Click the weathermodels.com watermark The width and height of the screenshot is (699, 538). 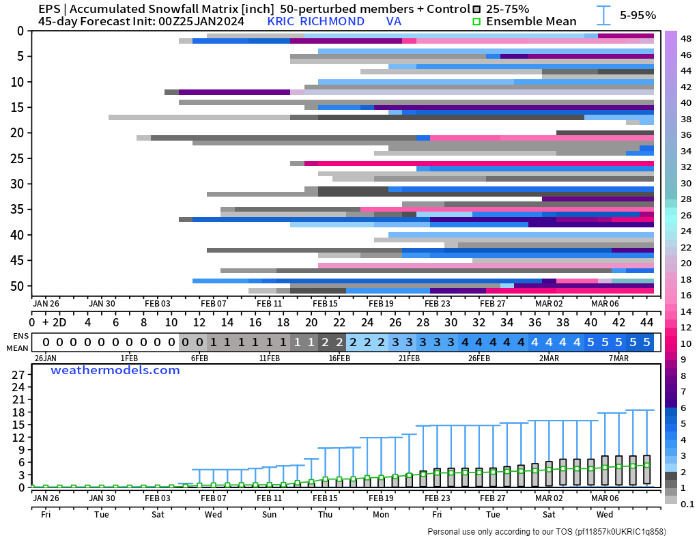(x=115, y=371)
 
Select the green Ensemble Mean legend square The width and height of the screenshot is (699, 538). (x=478, y=21)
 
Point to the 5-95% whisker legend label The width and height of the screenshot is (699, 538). (x=638, y=15)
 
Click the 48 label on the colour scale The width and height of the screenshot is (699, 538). (x=686, y=38)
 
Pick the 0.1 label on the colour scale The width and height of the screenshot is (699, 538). (x=686, y=504)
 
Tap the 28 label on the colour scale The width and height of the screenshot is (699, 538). (x=686, y=199)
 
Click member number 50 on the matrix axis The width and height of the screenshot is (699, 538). (x=18, y=286)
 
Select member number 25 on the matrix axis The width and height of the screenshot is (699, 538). (x=18, y=158)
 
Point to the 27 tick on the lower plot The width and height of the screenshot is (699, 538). (x=19, y=375)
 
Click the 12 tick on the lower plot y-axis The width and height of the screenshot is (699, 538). (x=19, y=438)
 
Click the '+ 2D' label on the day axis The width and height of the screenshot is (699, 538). (x=55, y=322)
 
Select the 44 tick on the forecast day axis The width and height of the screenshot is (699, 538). (x=646, y=322)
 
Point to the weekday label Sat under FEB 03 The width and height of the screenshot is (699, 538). (x=157, y=514)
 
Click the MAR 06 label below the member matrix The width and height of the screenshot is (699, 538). (x=605, y=304)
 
